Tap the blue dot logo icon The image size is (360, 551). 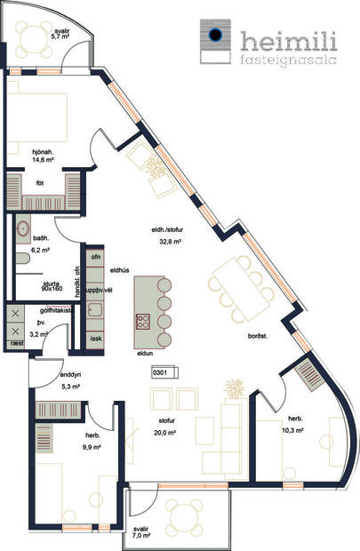pyautogui.click(x=213, y=36)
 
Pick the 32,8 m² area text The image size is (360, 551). pyautogui.click(x=170, y=242)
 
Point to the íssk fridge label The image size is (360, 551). pyautogui.click(x=97, y=339)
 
